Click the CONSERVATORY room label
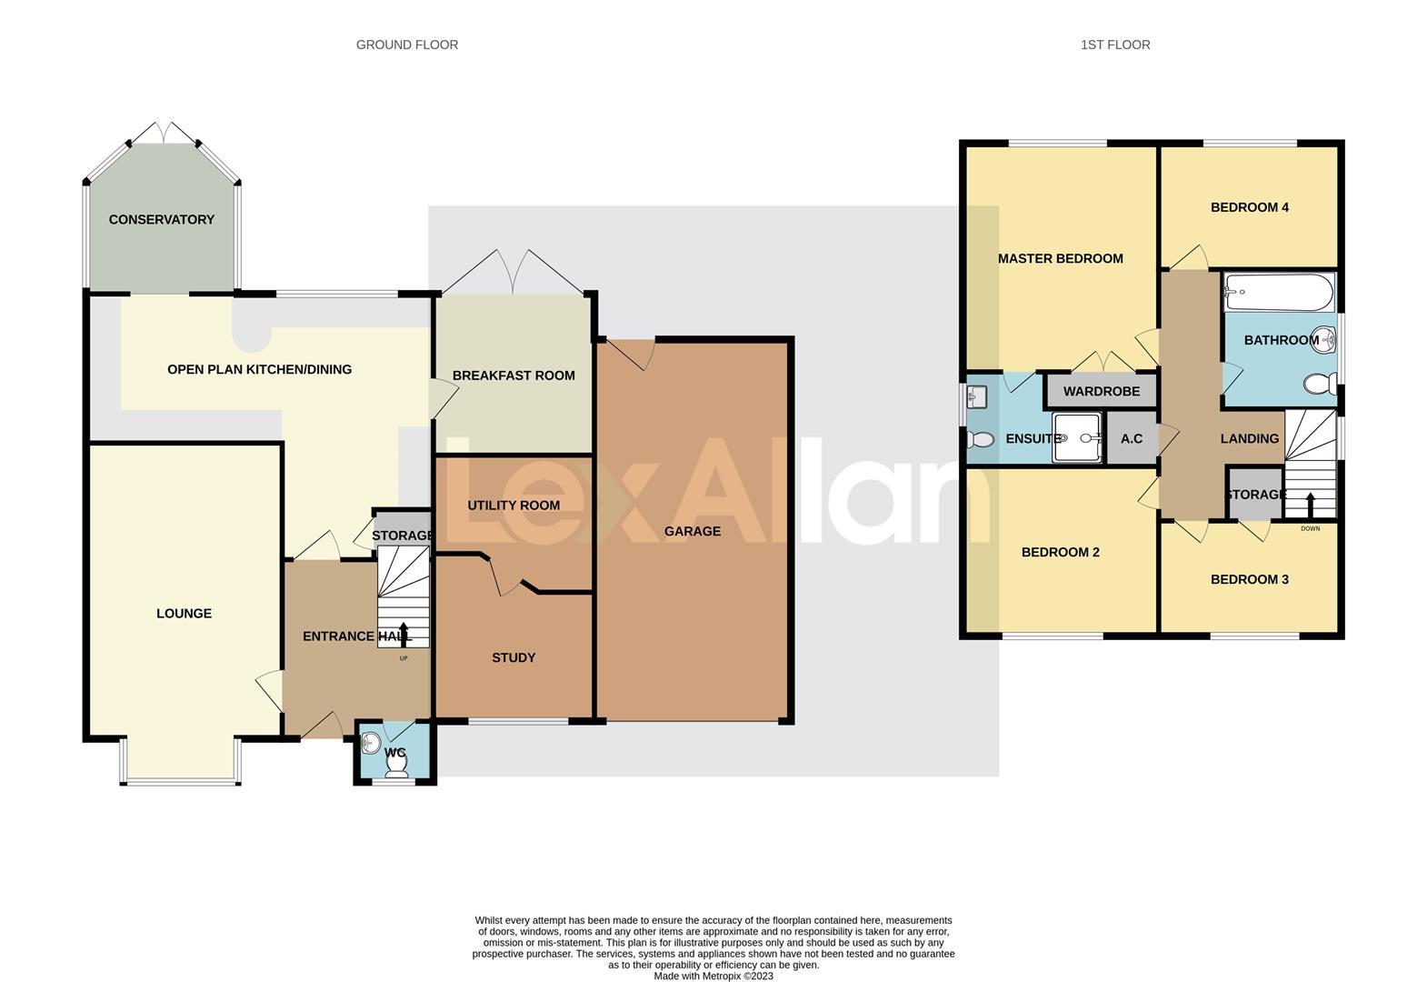(x=162, y=219)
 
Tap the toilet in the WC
(x=396, y=767)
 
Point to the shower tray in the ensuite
(x=1076, y=437)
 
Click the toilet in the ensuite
(x=980, y=440)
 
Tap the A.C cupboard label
(x=1132, y=438)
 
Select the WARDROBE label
(x=1101, y=391)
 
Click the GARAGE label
(x=693, y=531)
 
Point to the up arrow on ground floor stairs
(x=403, y=633)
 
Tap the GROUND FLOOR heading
(x=406, y=45)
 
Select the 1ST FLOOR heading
(x=1115, y=45)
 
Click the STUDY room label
(x=514, y=657)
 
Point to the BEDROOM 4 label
(x=1249, y=207)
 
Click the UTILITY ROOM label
(x=514, y=506)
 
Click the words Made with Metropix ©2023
(x=713, y=976)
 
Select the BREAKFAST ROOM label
(x=514, y=376)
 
